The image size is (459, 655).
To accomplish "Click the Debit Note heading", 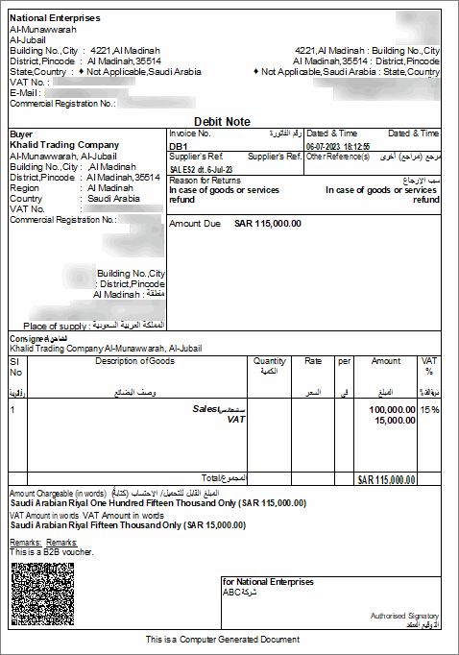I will pyautogui.click(x=222, y=122).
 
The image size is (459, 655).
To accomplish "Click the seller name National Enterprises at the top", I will pyautogui.click(x=55, y=18).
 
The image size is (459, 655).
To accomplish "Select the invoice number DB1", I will pyautogui.click(x=178, y=146).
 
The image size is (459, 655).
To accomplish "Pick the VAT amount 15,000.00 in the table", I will pyautogui.click(x=395, y=420).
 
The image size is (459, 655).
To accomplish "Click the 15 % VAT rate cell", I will pyautogui.click(x=429, y=409).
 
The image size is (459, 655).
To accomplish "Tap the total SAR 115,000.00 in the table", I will pyautogui.click(x=386, y=478).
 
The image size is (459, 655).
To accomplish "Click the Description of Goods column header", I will pyautogui.click(x=134, y=361).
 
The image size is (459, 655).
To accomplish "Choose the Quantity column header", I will pyautogui.click(x=270, y=361).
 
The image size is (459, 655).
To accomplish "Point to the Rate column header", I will pyautogui.click(x=313, y=361).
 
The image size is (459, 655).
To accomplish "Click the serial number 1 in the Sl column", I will pyautogui.click(x=12, y=409).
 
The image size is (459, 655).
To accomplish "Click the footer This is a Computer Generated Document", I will pyautogui.click(x=223, y=639).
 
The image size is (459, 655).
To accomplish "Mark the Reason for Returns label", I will pyautogui.click(x=205, y=180).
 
